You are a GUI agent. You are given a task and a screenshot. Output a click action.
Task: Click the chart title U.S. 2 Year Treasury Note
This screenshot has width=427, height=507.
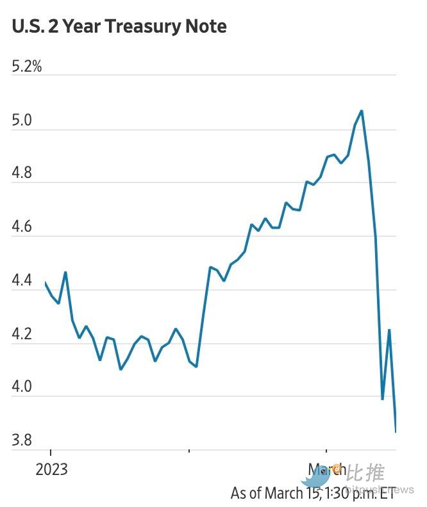click(x=119, y=26)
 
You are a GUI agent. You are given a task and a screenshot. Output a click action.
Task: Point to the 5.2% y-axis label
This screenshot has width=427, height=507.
click(x=27, y=66)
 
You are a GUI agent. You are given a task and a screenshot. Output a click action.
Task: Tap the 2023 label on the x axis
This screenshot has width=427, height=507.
click(x=51, y=469)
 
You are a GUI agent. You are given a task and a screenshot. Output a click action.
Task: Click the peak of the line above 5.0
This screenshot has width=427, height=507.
click(x=362, y=111)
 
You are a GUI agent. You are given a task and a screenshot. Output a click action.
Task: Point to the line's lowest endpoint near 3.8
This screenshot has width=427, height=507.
click(x=396, y=432)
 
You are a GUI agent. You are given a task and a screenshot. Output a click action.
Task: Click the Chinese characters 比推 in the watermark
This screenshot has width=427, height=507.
click(x=365, y=473)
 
